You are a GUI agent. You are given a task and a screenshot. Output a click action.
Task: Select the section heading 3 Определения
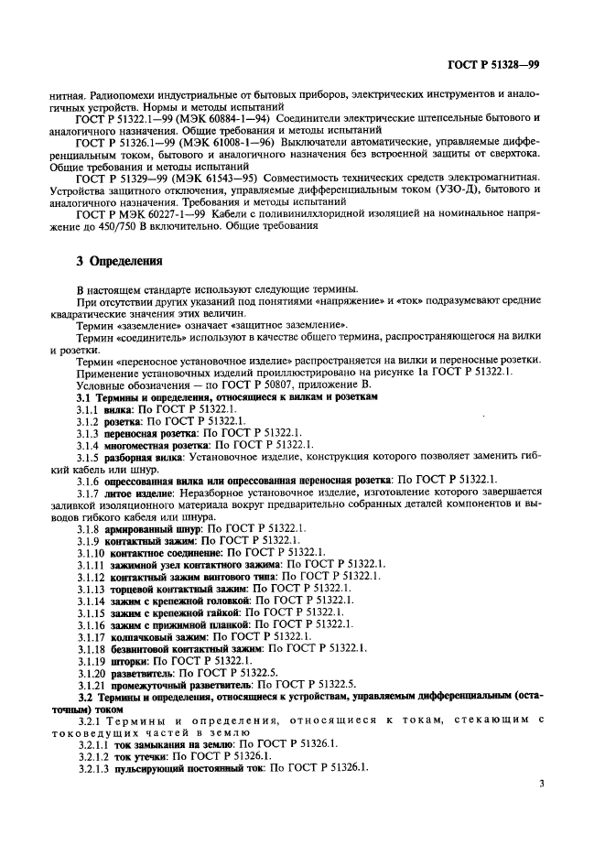pos(119,261)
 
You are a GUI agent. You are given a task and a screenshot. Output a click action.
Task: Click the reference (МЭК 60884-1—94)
pos(218,118)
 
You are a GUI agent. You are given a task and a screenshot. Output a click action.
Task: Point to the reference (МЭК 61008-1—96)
pos(218,143)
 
